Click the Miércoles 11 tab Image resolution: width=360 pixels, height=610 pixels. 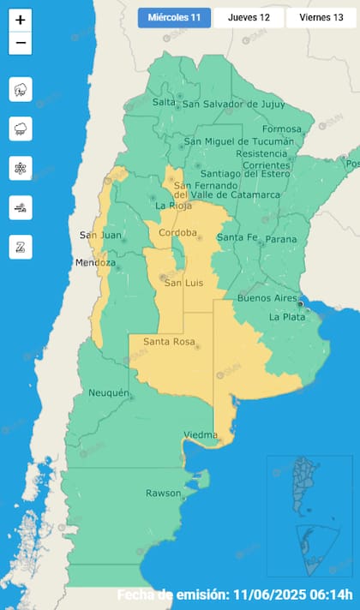173,18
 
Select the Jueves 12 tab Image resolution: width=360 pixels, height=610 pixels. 249,18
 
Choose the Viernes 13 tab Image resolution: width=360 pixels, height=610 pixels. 321,18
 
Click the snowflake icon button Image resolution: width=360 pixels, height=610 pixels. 21,168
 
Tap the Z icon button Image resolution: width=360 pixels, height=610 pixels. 21,247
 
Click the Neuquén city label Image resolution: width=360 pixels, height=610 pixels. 109,392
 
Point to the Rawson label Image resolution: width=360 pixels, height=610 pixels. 163,493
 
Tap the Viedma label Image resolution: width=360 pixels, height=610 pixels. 201,435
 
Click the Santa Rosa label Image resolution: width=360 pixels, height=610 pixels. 167,343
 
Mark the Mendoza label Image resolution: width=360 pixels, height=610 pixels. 94,262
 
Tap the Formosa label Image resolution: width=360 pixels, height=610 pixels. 282,129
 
